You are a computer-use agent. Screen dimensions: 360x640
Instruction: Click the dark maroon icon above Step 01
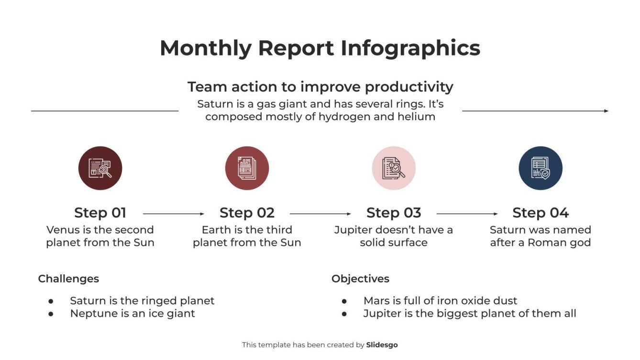point(100,168)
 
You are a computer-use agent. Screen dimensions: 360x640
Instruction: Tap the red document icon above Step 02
point(247,168)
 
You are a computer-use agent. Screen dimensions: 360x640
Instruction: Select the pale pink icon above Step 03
point(394,168)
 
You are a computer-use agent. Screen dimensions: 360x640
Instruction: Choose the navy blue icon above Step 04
point(541,168)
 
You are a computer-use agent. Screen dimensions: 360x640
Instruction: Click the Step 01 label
point(100,213)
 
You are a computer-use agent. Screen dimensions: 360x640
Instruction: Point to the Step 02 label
point(247,213)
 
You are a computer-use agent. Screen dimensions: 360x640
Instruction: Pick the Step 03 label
point(394,213)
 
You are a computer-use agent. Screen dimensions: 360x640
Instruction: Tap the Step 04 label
point(541,213)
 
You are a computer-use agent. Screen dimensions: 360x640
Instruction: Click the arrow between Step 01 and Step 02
point(173,214)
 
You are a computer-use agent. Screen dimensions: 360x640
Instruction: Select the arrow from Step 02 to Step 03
point(320,214)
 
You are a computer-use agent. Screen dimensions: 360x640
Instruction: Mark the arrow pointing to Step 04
point(467,214)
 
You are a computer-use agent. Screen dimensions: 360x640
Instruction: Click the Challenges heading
point(68,279)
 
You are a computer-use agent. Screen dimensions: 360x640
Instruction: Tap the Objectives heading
point(360,279)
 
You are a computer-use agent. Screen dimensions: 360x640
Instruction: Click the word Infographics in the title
point(410,48)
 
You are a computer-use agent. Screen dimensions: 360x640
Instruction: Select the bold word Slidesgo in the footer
point(382,345)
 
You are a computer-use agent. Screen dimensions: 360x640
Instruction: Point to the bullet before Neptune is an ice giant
point(51,314)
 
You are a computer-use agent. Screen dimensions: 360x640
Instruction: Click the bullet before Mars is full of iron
point(344,301)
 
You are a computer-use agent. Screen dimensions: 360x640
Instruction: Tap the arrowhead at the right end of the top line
point(606,111)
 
